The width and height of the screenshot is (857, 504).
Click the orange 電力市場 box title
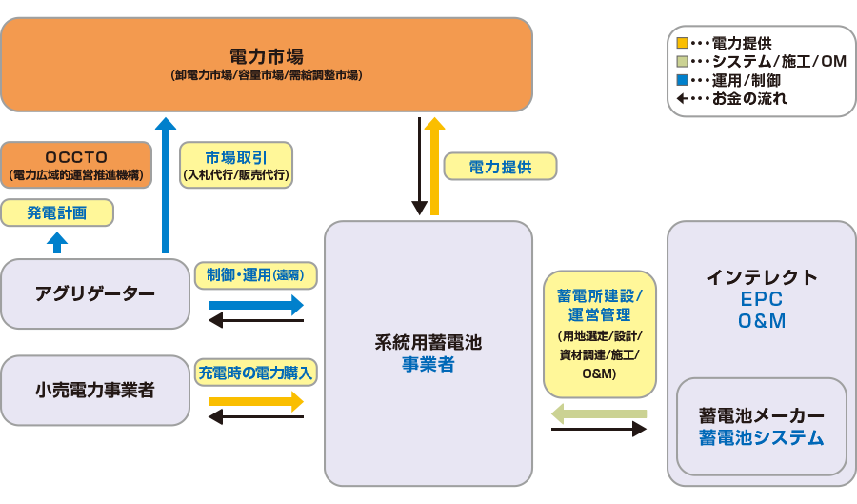pyautogui.click(x=267, y=55)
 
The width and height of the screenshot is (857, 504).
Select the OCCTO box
pyautogui.click(x=76, y=165)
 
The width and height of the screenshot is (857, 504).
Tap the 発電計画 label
pyautogui.click(x=57, y=212)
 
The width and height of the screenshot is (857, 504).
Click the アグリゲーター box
pyautogui.click(x=95, y=293)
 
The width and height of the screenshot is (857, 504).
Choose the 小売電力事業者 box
pyautogui.click(x=95, y=390)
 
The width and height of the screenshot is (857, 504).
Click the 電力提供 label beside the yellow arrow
pyautogui.click(x=500, y=167)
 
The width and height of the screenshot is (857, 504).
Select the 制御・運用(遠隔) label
pyautogui.click(x=255, y=275)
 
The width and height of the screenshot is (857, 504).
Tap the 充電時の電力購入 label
pyautogui.click(x=255, y=372)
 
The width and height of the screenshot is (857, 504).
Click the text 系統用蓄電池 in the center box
pyautogui.click(x=428, y=342)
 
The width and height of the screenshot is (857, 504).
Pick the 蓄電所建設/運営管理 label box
pyautogui.click(x=600, y=333)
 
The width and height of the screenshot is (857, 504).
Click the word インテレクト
pyautogui.click(x=762, y=277)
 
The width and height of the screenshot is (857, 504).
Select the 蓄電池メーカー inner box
pyautogui.click(x=762, y=426)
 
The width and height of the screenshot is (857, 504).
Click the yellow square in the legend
pyautogui.click(x=682, y=43)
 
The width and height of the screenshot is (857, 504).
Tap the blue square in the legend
pyautogui.click(x=682, y=80)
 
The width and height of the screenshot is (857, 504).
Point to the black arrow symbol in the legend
pyautogui.click(x=682, y=98)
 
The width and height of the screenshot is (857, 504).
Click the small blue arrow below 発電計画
pyautogui.click(x=58, y=242)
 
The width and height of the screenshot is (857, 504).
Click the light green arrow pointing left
pyautogui.click(x=599, y=413)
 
